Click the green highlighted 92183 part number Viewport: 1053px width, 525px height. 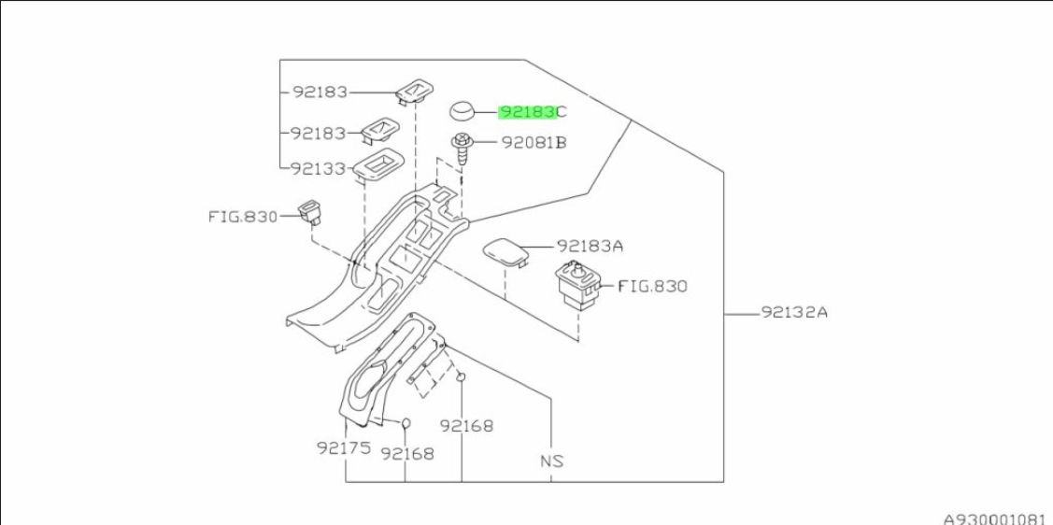point(527,112)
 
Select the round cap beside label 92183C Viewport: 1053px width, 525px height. point(462,111)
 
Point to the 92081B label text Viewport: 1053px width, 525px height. point(534,143)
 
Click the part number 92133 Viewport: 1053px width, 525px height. point(319,169)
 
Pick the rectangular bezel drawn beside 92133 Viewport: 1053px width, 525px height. point(378,166)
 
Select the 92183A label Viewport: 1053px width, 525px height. point(590,246)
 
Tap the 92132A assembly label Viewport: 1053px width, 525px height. point(793,313)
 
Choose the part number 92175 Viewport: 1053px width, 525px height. point(344,447)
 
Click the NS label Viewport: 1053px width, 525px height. point(551,461)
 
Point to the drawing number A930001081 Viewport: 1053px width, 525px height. point(994,516)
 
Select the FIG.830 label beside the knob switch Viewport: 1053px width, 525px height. point(651,286)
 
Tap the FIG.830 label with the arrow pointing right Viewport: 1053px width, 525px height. point(242,217)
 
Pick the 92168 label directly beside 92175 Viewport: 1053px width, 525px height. point(407,453)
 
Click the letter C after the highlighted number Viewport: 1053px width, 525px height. point(562,112)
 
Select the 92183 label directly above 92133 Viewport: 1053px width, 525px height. point(319,134)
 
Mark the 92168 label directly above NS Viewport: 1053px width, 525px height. point(466,426)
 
